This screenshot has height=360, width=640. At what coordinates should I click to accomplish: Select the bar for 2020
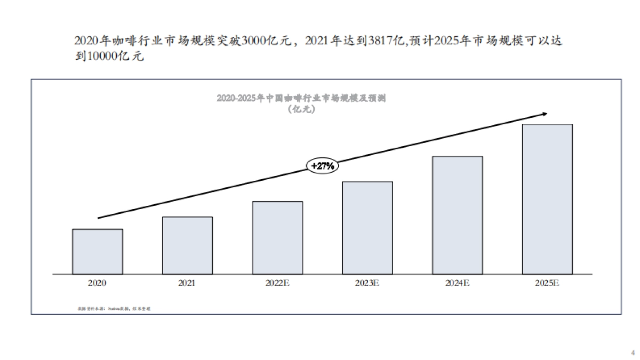coord(97,251)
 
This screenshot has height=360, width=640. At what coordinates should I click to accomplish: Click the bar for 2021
coord(187,245)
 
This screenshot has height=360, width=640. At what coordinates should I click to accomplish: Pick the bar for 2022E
coord(277,237)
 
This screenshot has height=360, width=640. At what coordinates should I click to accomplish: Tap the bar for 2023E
coord(367,228)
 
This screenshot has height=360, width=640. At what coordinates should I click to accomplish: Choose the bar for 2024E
coord(457,215)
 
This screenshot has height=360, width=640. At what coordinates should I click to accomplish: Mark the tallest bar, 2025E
coord(547,199)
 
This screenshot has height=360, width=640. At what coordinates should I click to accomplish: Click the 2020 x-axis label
coord(97,283)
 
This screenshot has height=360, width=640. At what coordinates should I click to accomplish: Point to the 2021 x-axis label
coord(187,283)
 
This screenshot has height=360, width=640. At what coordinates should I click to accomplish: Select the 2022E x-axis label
coord(277,283)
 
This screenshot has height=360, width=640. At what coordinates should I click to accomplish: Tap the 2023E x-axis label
coord(367,283)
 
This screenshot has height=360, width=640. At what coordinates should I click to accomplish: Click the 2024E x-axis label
coord(457,283)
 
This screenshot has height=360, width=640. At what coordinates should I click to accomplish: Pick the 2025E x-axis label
coord(547,283)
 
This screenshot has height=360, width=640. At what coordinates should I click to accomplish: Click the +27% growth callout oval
coord(323,166)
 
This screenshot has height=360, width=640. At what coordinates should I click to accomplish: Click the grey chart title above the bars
coord(301,98)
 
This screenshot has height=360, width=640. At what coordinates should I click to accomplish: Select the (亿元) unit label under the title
coord(301,109)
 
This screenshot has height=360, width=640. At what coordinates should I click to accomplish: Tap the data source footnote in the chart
coord(114,309)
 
